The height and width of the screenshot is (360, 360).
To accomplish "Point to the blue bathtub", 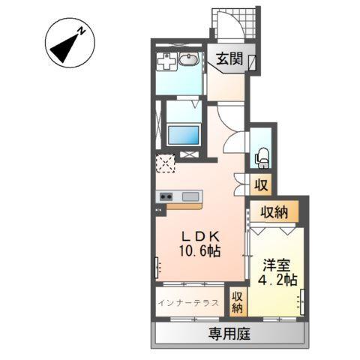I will point(183,136).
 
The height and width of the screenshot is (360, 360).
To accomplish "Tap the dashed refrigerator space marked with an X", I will point(165,162).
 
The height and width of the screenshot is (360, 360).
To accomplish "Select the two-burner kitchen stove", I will point(164,197).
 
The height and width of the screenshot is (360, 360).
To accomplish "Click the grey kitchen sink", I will point(190,197).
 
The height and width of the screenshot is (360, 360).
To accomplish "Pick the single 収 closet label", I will point(261,183).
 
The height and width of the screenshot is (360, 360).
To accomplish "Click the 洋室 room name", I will point(274,265).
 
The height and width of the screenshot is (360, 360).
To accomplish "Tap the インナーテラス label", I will point(189,303).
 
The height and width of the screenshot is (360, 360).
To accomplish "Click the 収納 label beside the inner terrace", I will point(238,301).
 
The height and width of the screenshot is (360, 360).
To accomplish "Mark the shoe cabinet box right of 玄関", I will point(253,63).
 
